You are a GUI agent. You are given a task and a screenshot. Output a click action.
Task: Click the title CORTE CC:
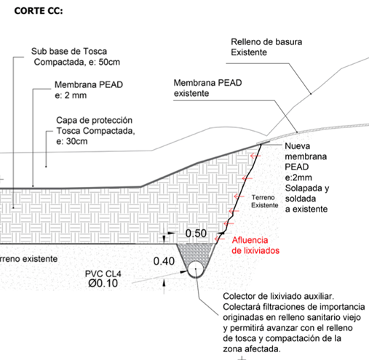(x=39, y=11)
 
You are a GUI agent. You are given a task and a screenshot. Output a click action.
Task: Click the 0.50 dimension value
(x=196, y=233)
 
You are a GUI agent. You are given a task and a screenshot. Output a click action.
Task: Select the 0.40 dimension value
(x=164, y=261)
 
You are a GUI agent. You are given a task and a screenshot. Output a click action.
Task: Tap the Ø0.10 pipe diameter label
(x=103, y=283)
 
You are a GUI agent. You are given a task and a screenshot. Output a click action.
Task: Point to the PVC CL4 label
(x=103, y=273)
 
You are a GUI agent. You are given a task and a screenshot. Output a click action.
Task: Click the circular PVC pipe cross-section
(x=196, y=269)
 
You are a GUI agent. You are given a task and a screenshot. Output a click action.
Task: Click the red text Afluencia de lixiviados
(x=255, y=245)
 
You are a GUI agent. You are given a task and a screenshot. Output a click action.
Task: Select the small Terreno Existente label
(x=264, y=201)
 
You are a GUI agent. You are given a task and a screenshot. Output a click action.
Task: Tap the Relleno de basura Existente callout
(x=266, y=47)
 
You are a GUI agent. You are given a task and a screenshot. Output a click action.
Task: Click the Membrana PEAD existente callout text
(x=207, y=88)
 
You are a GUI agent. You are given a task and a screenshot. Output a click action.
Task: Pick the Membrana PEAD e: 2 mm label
(x=89, y=90)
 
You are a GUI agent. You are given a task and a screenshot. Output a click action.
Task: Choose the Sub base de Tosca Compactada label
(x=76, y=57)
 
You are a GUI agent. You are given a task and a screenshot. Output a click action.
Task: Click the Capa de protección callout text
(x=95, y=131)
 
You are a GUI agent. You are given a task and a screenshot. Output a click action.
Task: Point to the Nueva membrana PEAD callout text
(x=307, y=177)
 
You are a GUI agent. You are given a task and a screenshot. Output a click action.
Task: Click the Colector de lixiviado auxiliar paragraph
(x=294, y=322)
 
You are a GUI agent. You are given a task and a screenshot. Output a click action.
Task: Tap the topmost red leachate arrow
(x=255, y=156)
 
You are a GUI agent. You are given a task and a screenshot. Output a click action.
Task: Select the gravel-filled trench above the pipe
(x=195, y=252)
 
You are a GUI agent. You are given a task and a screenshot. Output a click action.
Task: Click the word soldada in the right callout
(x=301, y=199)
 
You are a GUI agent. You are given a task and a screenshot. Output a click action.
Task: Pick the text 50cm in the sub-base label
(x=109, y=62)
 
